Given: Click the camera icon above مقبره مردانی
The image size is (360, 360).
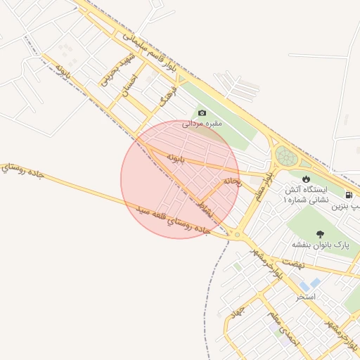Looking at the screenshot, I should click(202, 113).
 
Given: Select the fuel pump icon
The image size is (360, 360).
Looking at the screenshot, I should click(349, 195).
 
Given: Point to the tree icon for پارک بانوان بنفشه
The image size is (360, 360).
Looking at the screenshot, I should click(321, 233).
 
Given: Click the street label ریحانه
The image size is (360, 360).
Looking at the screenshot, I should click(232, 181).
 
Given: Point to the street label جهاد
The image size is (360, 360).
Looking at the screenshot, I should click(237, 309).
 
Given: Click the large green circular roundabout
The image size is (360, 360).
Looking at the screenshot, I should click(285, 156).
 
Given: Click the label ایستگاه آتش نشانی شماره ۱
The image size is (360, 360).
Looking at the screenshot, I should click(306, 195).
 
